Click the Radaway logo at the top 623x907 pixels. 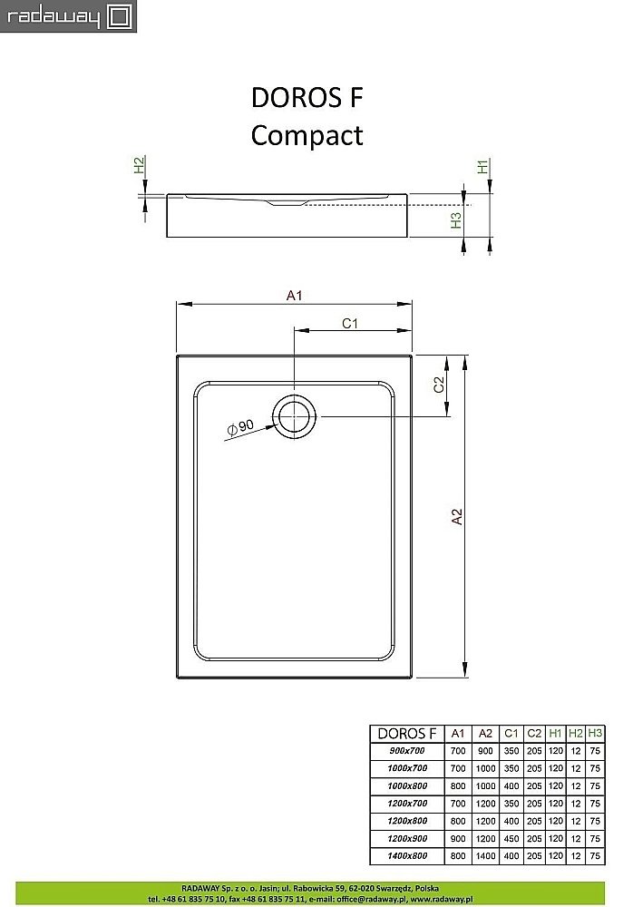tap(68, 16)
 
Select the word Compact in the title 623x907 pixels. tap(307, 135)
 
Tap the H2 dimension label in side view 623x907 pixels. tap(140, 166)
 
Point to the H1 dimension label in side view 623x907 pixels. tap(483, 167)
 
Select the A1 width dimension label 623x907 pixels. tap(294, 295)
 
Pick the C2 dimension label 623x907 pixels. tap(438, 385)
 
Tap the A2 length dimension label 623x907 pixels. tap(457, 515)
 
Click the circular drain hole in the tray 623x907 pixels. tap(296, 417)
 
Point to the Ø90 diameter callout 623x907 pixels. tap(241, 427)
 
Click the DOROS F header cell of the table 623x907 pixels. tap(406, 734)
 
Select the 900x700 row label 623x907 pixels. tap(405, 751)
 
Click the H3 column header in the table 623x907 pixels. tap(595, 734)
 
